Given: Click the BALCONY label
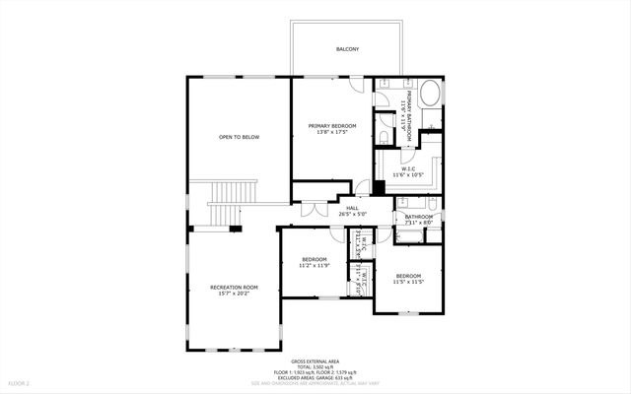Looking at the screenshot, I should click(x=346, y=48).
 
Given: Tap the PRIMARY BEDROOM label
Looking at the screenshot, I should click(x=331, y=126).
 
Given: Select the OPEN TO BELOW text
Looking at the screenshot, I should click(x=239, y=137).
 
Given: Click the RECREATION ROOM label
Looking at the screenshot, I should click(x=233, y=287).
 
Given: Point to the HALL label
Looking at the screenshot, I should click(x=352, y=208).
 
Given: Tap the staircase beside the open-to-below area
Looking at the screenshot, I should click(x=224, y=203).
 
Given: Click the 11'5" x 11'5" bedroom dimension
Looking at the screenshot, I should click(x=408, y=282).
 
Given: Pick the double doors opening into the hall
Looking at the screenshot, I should click(x=314, y=210).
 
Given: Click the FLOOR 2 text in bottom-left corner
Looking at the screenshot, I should click(x=20, y=382).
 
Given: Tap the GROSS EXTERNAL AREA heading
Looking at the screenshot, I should click(x=315, y=361).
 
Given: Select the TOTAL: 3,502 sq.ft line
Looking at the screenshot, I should click(x=315, y=367).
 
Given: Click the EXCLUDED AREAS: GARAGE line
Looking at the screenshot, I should click(x=315, y=377).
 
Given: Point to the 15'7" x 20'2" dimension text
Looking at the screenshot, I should click(x=233, y=293).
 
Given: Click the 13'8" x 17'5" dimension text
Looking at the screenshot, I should click(x=331, y=132).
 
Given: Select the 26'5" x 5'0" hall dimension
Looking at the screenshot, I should click(x=352, y=214).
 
